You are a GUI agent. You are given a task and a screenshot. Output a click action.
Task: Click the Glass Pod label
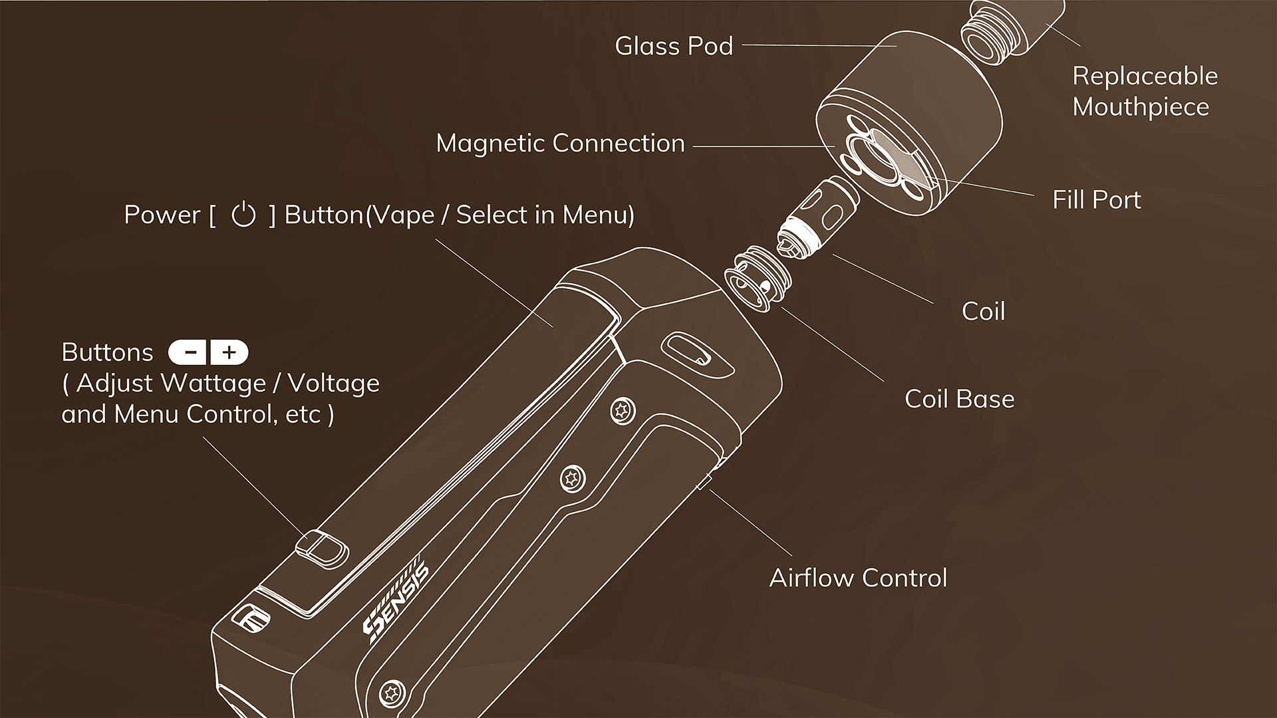tap(673, 46)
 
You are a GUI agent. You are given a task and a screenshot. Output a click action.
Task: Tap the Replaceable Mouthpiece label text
tap(1144, 91)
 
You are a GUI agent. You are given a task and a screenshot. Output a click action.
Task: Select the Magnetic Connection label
tap(560, 143)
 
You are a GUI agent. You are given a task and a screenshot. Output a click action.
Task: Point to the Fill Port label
tap(1096, 199)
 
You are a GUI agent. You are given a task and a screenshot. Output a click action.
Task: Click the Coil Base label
tap(959, 399)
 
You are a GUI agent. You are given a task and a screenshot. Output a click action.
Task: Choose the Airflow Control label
tap(858, 578)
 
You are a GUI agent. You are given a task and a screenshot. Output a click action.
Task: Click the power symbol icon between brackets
tap(243, 215)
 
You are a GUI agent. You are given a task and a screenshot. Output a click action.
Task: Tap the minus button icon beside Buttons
tap(190, 352)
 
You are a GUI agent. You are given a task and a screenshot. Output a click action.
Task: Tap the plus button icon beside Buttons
tap(229, 352)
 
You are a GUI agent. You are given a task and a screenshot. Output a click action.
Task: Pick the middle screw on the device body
tap(571, 477)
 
